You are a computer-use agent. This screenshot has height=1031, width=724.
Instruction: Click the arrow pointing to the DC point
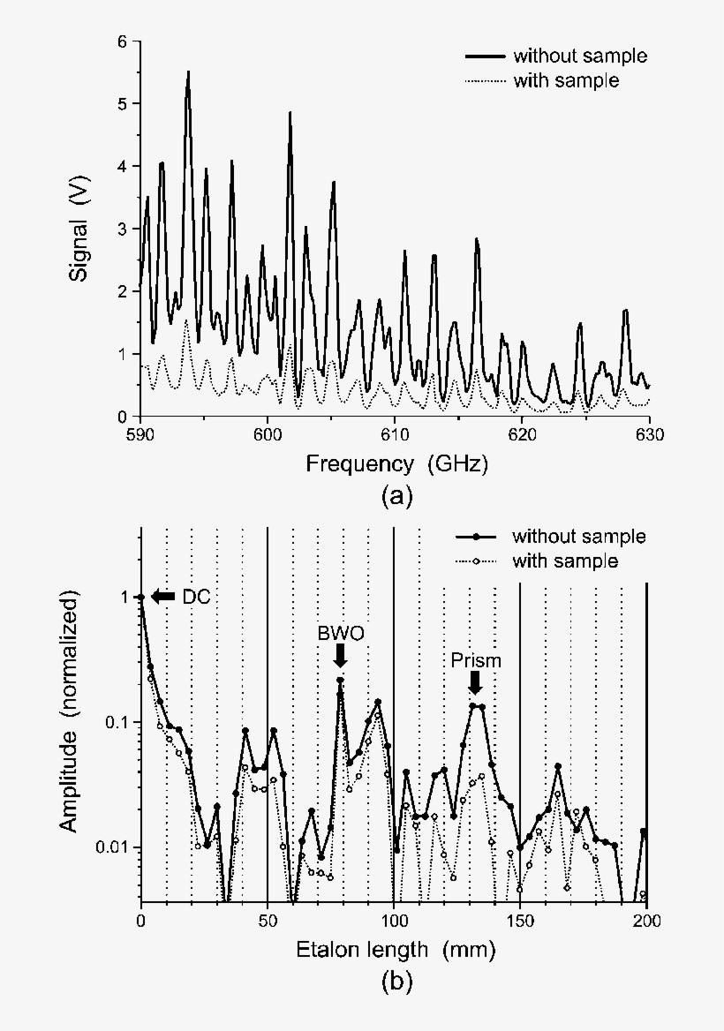(163, 597)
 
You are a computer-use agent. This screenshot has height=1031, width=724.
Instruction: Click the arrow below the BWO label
(341, 655)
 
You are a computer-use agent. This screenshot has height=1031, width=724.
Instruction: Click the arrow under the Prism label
(475, 681)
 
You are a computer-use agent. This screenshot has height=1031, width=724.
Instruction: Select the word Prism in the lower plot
(475, 660)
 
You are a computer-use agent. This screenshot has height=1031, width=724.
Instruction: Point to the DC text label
(196, 597)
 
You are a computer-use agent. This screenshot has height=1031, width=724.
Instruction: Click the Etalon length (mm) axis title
(395, 950)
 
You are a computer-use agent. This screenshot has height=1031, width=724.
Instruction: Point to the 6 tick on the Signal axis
(123, 41)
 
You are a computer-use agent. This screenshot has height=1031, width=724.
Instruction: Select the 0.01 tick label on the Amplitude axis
(111, 847)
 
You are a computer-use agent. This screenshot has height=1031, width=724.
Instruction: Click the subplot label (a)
(395, 496)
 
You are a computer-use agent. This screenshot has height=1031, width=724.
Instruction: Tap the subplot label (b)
(395, 980)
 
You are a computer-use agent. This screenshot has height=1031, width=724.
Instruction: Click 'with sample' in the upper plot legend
(567, 80)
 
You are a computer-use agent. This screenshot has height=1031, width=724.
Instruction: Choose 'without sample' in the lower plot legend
(578, 537)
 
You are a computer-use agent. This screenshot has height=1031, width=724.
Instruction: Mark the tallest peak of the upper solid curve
(188, 73)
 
